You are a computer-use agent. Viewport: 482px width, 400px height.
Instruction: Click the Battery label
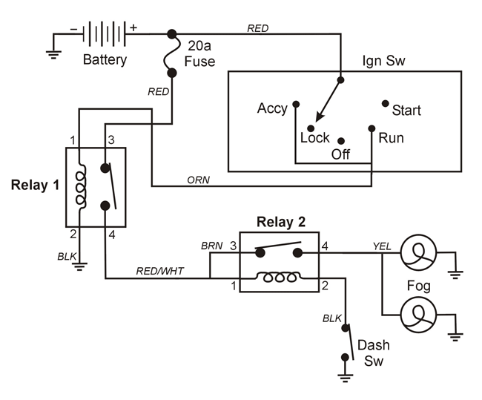click(x=105, y=59)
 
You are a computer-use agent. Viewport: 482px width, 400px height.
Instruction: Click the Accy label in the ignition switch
click(x=272, y=108)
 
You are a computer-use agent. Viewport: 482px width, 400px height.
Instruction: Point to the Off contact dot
click(x=341, y=140)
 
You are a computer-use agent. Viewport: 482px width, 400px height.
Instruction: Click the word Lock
click(x=314, y=138)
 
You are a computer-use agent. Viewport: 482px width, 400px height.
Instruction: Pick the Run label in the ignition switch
click(x=391, y=138)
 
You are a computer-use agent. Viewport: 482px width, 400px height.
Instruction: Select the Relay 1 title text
click(x=35, y=185)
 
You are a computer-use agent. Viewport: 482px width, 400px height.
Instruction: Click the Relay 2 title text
click(x=280, y=222)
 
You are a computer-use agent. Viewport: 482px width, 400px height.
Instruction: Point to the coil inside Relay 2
click(x=279, y=279)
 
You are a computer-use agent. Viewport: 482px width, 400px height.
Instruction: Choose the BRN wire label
click(x=211, y=244)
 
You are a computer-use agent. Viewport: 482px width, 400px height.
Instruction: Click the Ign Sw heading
click(x=383, y=60)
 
